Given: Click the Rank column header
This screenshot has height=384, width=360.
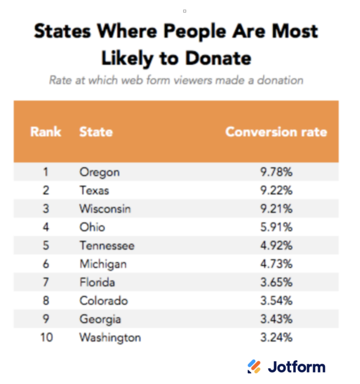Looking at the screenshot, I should pos(46,132).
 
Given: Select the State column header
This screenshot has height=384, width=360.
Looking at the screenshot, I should pos(96,132).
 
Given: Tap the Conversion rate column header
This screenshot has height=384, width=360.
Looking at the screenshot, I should pos(276,132).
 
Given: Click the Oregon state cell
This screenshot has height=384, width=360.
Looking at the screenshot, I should pos(99,172).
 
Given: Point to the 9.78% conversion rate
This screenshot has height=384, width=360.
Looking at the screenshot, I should pos(276,172).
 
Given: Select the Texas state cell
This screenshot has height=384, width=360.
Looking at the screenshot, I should pos(94,190).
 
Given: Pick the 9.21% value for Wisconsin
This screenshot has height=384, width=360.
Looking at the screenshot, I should pos(276,209).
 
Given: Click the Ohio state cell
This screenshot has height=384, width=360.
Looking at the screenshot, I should pos(92,227).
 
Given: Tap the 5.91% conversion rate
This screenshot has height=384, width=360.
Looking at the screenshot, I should pos(276,227).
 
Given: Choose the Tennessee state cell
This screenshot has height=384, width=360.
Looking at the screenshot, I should pos(106,246).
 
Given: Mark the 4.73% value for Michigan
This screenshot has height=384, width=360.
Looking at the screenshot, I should pos(276,264).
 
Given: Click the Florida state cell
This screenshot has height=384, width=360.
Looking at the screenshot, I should pos(97,282).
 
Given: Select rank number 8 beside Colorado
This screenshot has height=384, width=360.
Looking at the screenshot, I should pos(46,301).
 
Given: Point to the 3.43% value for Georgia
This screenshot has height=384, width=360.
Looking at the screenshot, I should pos(276,319).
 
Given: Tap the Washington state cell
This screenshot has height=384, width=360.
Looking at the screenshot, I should pos(110,338).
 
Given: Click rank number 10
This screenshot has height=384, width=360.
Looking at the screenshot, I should pos(46,338).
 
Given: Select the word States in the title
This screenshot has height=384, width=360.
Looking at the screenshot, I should pos(63,31).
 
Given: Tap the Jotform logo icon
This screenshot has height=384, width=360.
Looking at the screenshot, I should pos(254,367).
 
